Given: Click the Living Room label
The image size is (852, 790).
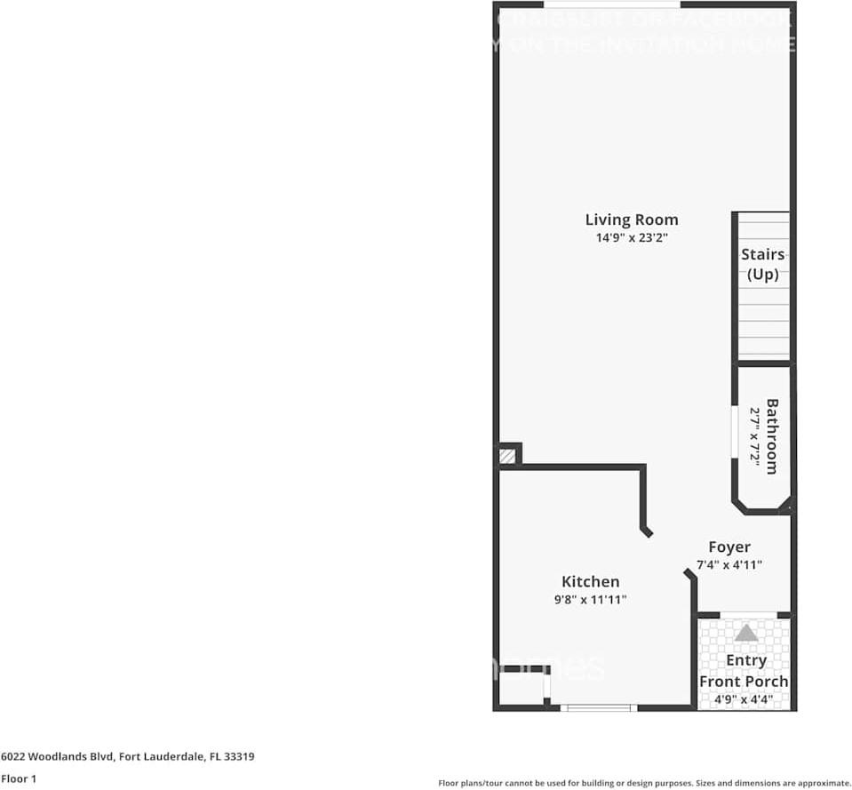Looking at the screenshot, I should click(x=631, y=219).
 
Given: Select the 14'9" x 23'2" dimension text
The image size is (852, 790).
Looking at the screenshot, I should click(x=631, y=238).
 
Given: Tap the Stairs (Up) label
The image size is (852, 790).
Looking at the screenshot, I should click(x=763, y=264).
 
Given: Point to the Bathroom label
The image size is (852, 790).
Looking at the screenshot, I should click(x=772, y=436).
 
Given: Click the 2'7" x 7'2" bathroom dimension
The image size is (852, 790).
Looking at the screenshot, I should click(x=753, y=436).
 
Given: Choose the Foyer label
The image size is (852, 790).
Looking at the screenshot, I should click(x=729, y=547).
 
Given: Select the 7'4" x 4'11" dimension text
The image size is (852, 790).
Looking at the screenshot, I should click(x=729, y=565).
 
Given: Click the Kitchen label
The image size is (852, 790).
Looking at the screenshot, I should click(x=591, y=582).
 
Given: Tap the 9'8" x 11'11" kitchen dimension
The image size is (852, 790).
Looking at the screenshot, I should click(x=591, y=600).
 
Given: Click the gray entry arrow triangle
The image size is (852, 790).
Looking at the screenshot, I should click(x=746, y=633).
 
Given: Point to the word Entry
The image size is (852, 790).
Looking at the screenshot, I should click(x=746, y=661).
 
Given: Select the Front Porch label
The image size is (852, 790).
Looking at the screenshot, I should click(x=744, y=682).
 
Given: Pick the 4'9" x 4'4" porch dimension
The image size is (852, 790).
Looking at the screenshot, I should click(x=744, y=700).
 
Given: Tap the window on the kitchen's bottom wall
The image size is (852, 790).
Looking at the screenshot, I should click(x=599, y=708).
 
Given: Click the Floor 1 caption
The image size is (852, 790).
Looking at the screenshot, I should click(x=20, y=779).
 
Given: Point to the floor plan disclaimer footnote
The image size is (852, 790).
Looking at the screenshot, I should click(x=645, y=783).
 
